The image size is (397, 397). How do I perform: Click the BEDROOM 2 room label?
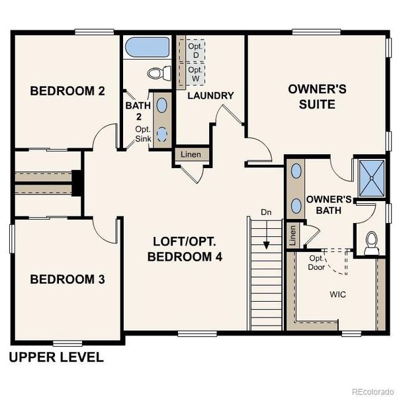pos(67,91)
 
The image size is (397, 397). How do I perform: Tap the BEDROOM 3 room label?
pos(67,280)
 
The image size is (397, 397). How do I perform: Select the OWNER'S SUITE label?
pos(312,97)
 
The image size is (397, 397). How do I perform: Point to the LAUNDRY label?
pos(210,95)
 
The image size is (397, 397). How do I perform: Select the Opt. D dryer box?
pos(195,50)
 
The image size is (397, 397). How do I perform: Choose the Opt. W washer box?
pos(195,72)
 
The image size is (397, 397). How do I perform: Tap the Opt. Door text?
pos(316,263)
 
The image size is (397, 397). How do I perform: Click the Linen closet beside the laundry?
pos(192,155)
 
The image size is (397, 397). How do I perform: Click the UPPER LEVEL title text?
pos(56,358)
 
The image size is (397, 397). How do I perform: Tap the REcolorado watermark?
pos(372,390)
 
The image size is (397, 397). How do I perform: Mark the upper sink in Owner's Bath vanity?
pos(296,171)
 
